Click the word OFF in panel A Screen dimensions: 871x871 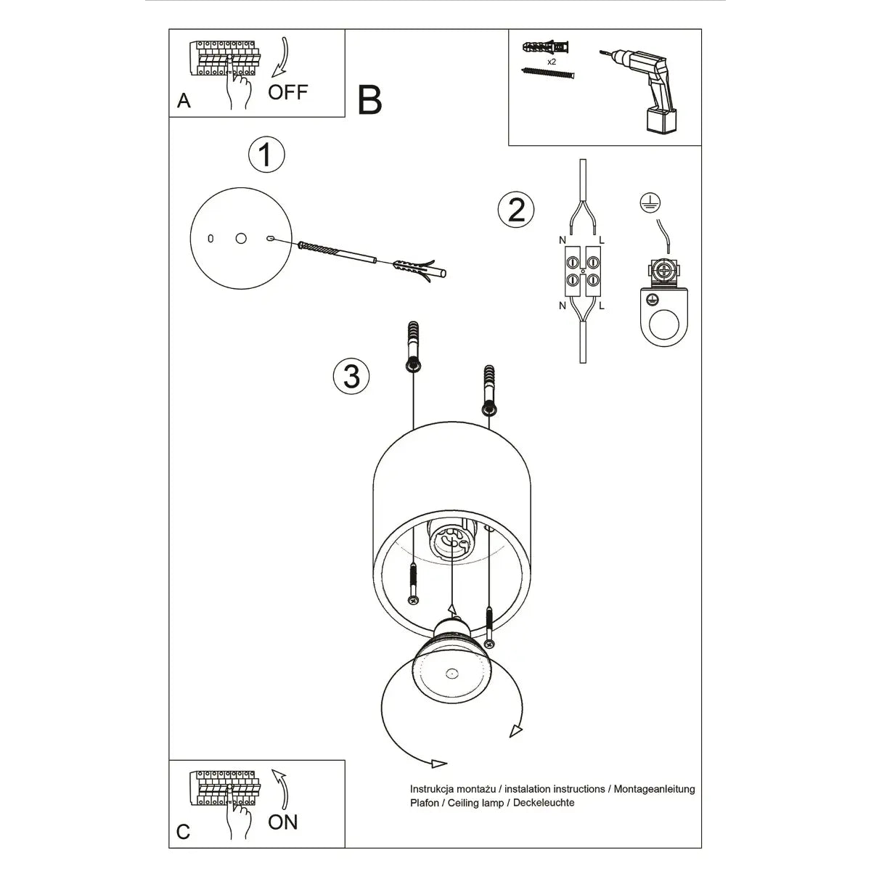(287, 92)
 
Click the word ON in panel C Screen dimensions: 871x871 (282, 822)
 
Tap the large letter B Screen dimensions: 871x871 (370, 100)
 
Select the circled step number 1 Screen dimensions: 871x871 (266, 155)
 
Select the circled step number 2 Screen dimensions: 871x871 (516, 210)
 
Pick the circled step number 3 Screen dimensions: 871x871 (351, 376)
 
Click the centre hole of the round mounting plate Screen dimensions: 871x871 (241, 237)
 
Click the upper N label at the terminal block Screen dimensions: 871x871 (563, 240)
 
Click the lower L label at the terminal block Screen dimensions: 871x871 (602, 306)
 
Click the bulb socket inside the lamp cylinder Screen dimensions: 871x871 (452, 541)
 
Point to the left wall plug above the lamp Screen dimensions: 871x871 (413, 345)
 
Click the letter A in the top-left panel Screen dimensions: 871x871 (184, 100)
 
